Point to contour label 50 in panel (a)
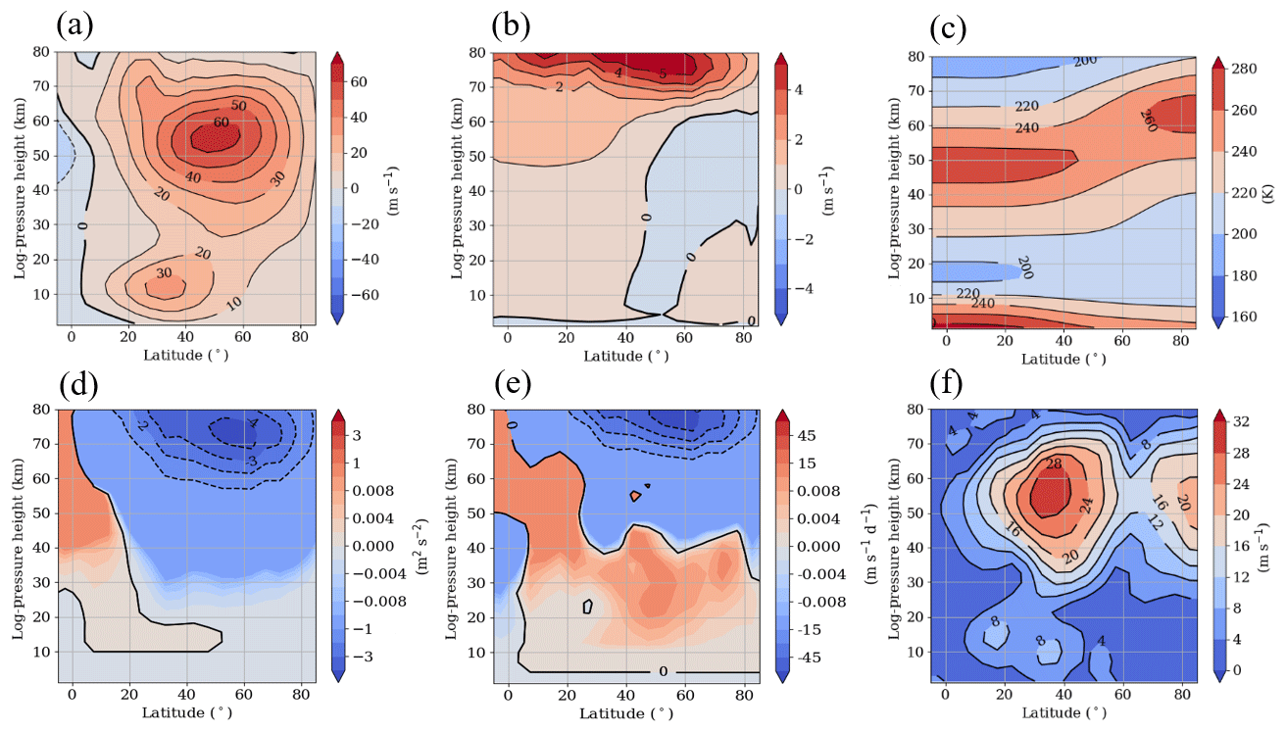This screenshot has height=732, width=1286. tap(237, 105)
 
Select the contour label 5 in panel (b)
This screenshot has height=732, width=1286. tap(663, 73)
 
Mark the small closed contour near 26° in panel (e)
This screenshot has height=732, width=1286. tap(588, 607)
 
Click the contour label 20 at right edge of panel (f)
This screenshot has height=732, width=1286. tap(1181, 503)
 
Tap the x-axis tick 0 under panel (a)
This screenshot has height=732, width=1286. tap(71, 337)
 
